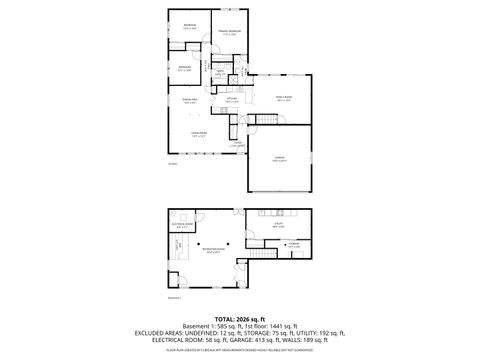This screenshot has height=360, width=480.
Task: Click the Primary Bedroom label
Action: (x=229, y=33)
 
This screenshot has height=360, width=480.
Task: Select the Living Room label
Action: (x=199, y=133)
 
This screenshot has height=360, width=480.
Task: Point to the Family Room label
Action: (x=283, y=97)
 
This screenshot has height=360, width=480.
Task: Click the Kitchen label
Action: (x=231, y=99)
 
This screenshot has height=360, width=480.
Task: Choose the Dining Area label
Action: (x=188, y=100)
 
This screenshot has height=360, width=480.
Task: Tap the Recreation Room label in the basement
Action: (x=208, y=252)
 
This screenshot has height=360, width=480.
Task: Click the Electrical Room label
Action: (x=181, y=225)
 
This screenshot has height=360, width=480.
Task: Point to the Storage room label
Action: (x=293, y=244)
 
